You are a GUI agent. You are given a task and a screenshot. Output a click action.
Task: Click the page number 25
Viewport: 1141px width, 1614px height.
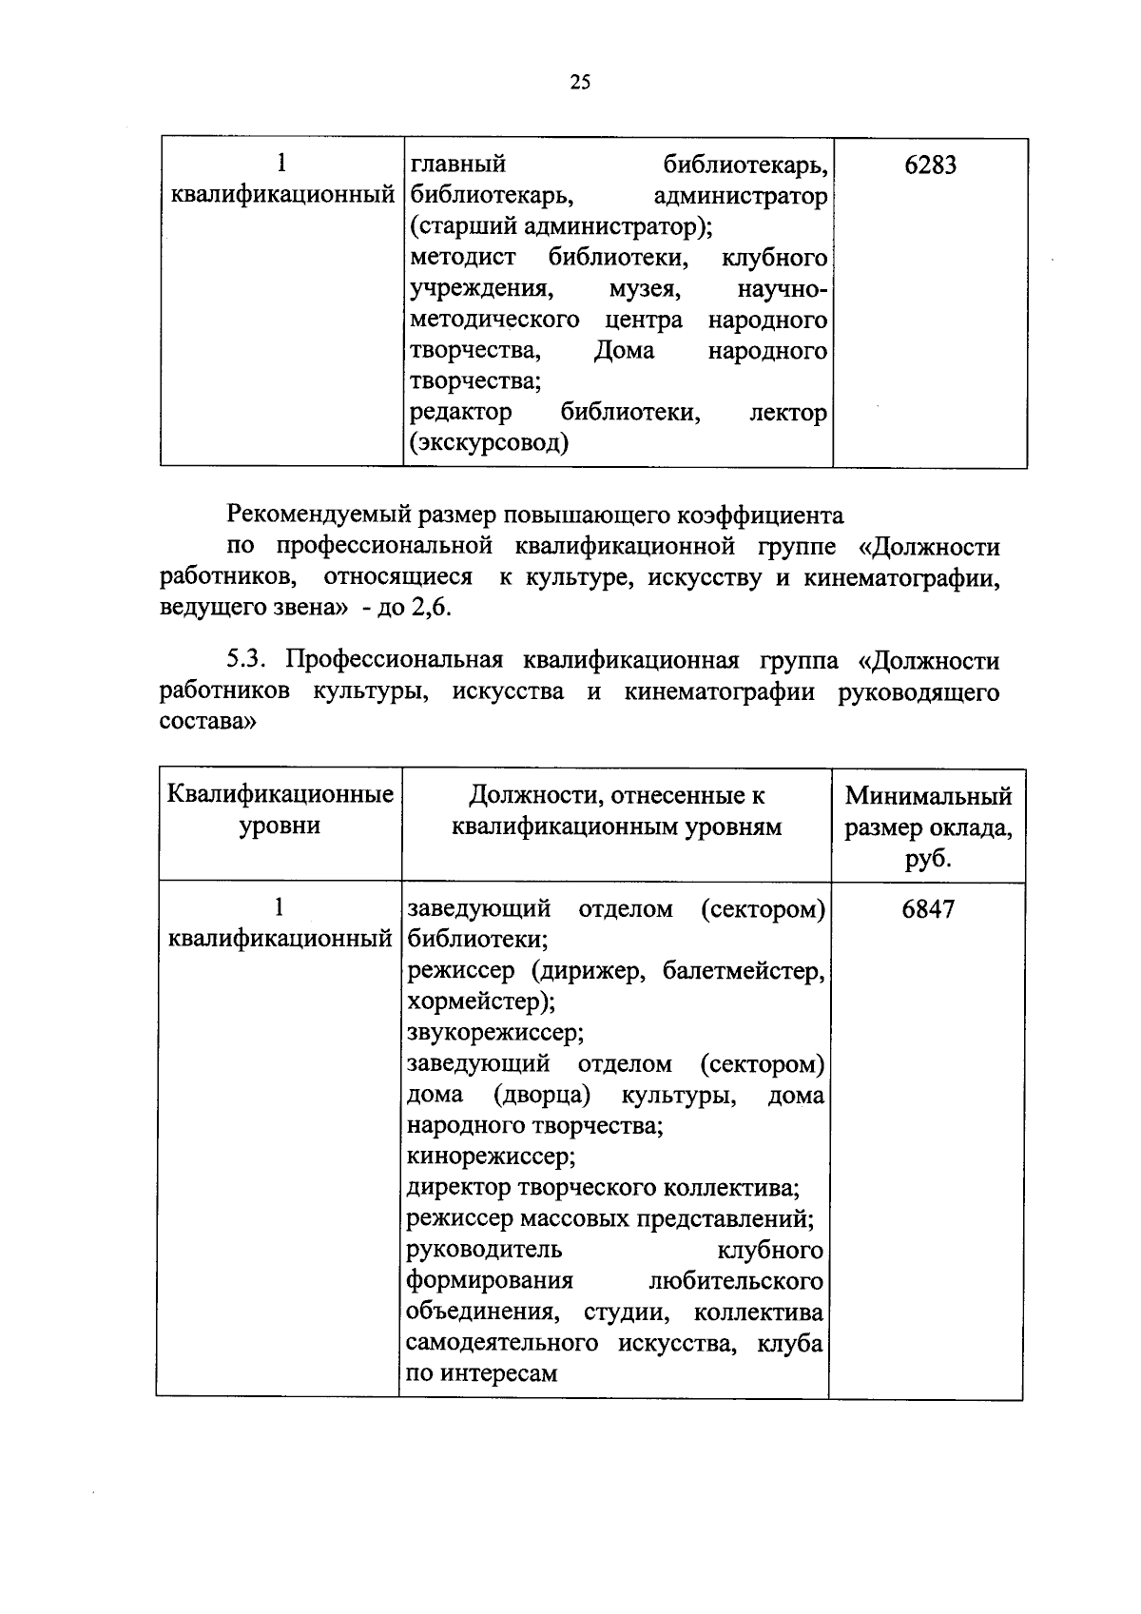(580, 83)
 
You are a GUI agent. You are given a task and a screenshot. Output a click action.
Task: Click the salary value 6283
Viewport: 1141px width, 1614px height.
(930, 165)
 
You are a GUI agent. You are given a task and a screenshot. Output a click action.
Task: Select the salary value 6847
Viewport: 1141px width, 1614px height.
(927, 909)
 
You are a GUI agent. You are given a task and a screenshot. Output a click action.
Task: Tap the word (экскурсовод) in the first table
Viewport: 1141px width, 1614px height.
(490, 443)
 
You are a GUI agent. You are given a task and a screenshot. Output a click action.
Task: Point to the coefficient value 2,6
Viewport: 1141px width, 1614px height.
(431, 609)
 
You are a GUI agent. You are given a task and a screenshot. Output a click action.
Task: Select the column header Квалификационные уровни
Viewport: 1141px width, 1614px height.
(280, 809)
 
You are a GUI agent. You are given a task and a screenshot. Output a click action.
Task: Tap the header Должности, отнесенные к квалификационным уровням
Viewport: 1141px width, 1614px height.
(616, 810)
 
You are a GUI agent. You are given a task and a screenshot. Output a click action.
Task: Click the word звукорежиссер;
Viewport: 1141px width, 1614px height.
(495, 1033)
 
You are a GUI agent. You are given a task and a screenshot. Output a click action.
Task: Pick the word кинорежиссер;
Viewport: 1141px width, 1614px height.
(492, 1157)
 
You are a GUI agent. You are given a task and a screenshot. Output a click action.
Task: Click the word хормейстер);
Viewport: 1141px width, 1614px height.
(481, 1001)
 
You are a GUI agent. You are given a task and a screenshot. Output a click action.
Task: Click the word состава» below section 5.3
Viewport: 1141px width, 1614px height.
(208, 722)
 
